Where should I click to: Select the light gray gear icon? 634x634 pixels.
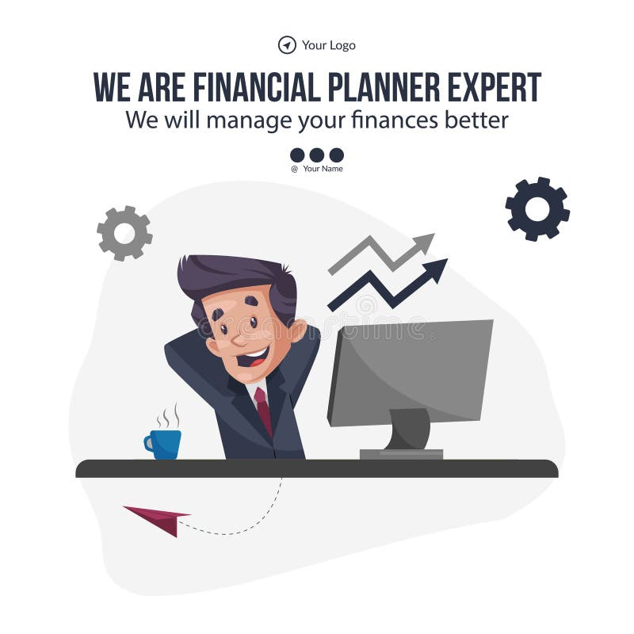click(x=124, y=233)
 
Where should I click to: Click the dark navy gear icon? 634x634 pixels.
click(x=537, y=208)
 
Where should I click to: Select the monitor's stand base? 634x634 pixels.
click(x=401, y=454)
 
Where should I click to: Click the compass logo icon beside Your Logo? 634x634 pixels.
click(x=287, y=45)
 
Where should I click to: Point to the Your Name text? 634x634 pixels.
click(x=323, y=168)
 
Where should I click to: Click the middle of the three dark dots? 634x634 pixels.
click(x=317, y=155)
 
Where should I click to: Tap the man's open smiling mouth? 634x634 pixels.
click(x=253, y=357)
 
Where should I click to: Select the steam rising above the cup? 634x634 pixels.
click(x=167, y=416)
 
